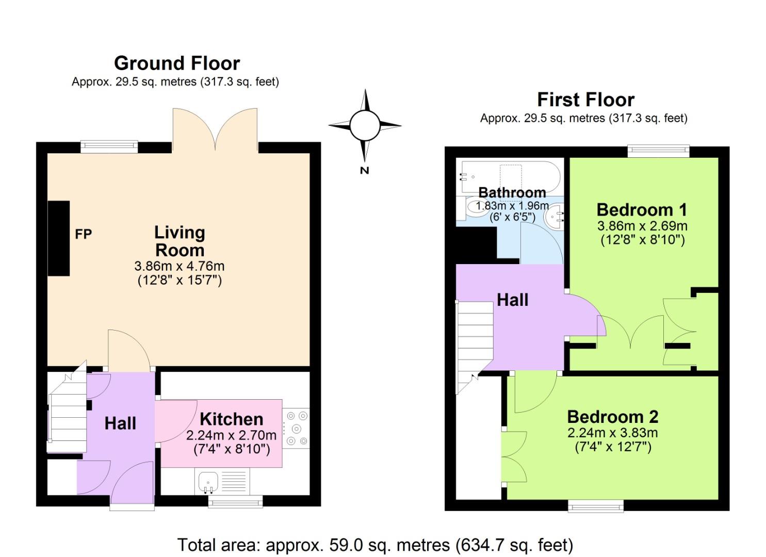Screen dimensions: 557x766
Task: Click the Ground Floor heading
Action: coord(177,63)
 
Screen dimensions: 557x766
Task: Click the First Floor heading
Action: coord(585,100)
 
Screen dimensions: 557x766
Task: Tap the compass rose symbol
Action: coord(365,125)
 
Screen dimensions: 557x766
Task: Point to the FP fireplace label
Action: coord(84,234)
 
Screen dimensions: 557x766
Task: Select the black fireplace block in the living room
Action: coord(59,238)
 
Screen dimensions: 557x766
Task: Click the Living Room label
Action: coord(180,241)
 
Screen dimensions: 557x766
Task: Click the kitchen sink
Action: coord(209,482)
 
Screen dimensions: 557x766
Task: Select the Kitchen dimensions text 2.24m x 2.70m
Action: coord(231,435)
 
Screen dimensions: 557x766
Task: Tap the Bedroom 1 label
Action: coord(642,210)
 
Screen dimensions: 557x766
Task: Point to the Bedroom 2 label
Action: coord(613,417)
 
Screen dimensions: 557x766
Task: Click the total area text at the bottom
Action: coord(375,545)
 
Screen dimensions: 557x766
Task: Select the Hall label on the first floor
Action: coord(513,300)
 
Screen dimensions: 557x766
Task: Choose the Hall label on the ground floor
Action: coord(120,423)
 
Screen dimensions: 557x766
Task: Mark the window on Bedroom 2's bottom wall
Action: coord(595,505)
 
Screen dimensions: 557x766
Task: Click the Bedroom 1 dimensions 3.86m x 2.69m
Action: coord(642,226)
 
